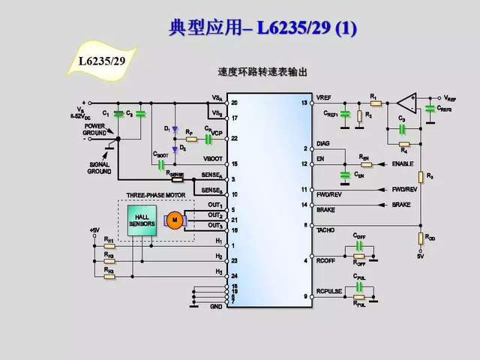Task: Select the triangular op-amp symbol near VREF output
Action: click(x=406, y=99)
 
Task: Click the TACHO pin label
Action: click(x=326, y=230)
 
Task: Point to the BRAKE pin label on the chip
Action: click(x=326, y=211)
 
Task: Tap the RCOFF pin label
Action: click(x=326, y=260)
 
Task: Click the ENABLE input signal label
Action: click(x=403, y=163)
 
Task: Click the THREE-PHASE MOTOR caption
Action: click(x=156, y=196)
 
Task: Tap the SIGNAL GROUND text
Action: click(x=99, y=167)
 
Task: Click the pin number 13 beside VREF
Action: click(x=304, y=102)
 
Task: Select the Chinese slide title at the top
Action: click(x=263, y=29)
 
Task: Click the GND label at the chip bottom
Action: click(x=217, y=306)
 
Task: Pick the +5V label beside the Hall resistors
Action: click(x=94, y=229)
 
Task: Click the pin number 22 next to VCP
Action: click(x=235, y=139)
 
